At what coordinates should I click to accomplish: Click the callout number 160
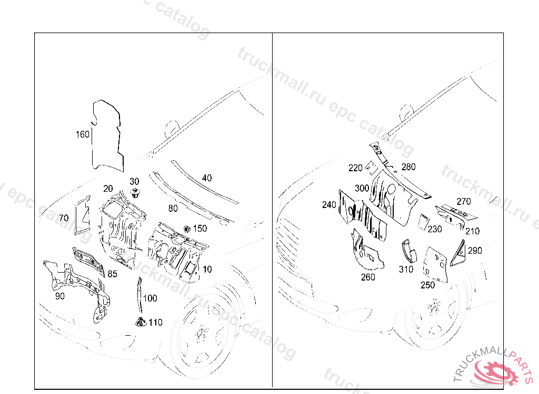[x=83, y=134]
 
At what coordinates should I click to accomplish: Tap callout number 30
[x=134, y=181]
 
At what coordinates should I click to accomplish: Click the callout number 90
[x=60, y=296]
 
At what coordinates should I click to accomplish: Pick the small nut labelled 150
[x=187, y=229]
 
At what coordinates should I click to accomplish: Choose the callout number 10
[x=207, y=269]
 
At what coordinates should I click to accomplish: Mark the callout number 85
[x=113, y=274]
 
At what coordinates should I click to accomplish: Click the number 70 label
[x=64, y=217]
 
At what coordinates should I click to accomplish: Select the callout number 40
[x=207, y=178]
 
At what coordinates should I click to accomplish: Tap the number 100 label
[x=150, y=298]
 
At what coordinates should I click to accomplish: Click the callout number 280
[x=408, y=167]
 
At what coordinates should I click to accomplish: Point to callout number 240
[x=329, y=205]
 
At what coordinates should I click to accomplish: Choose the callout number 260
[x=368, y=277]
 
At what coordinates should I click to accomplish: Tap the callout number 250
[x=428, y=285]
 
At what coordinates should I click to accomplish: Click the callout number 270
[x=464, y=201]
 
